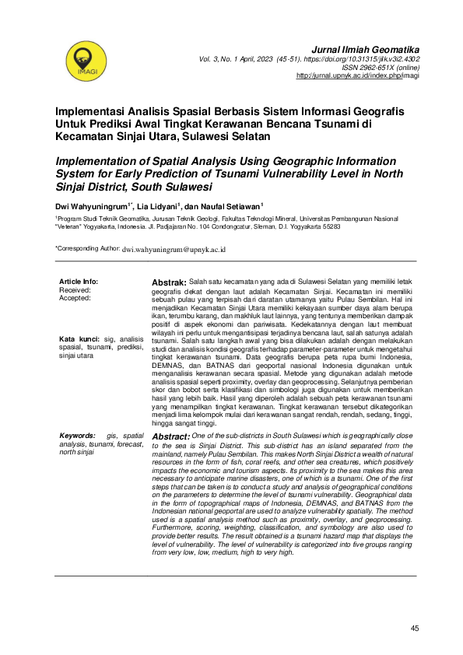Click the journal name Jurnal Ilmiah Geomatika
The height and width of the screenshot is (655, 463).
click(375, 48)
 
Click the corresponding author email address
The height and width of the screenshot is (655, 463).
click(174, 250)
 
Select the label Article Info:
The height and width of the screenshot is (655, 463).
click(79, 281)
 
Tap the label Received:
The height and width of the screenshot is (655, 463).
click(75, 289)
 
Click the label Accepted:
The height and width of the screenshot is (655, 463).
click(75, 297)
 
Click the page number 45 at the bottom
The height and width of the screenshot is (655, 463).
click(414, 629)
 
